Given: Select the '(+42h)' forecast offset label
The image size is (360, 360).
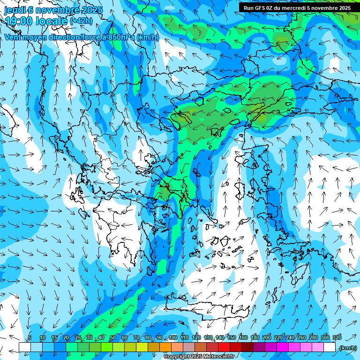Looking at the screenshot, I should click(x=81, y=21).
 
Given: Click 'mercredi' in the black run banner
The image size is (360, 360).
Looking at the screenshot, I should click(x=290, y=7).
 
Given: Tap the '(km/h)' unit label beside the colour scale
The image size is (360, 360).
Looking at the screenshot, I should click(x=348, y=348).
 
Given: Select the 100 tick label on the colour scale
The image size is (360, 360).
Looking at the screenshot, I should click(x=173, y=337).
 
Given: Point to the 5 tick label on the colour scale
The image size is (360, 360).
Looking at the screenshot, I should click(x=30, y=337).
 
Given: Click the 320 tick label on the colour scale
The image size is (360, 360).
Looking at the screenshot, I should click(x=337, y=337).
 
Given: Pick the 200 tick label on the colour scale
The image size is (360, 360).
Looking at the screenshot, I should click(x=267, y=337).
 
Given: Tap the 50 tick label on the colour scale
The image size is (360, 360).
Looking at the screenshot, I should click(x=113, y=337).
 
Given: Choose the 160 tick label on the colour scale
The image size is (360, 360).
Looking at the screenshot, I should click(x=243, y=337).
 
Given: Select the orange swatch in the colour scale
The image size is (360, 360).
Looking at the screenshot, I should click(x=165, y=347).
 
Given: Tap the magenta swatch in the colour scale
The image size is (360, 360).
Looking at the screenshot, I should click(x=283, y=347).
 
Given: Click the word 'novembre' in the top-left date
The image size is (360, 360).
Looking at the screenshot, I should click(x=58, y=10).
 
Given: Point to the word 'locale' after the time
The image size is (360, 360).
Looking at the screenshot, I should click(x=53, y=21).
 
